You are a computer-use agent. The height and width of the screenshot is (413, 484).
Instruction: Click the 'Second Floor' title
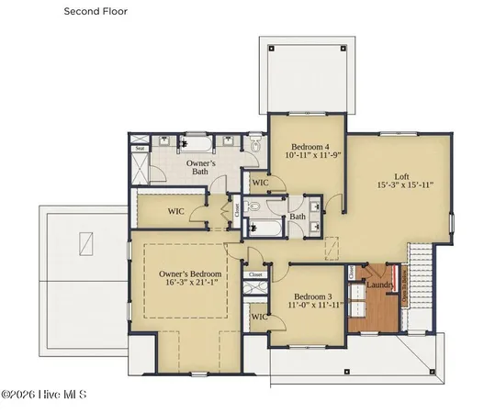coord(96,12)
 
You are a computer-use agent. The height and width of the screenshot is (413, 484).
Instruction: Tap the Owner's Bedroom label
coord(189,274)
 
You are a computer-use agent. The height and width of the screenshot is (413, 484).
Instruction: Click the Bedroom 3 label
coord(311,297)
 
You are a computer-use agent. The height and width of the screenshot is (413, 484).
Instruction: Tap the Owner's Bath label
coord(200,167)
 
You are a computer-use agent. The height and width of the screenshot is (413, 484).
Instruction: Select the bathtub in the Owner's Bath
coord(195,141)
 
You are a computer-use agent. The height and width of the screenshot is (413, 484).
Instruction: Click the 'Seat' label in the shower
coord(140,148)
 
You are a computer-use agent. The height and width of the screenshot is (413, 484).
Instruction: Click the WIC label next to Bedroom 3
coord(258,317)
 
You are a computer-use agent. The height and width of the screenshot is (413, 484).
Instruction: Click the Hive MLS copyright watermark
coord(43,396)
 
